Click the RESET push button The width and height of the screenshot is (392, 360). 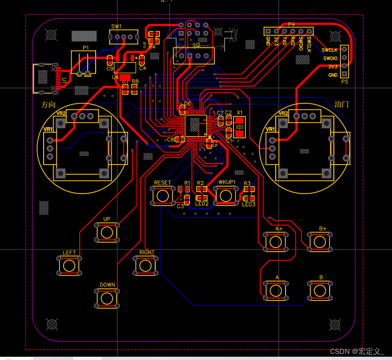[163, 195]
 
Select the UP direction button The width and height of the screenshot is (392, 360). [107, 232]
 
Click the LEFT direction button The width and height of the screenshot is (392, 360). [69, 266]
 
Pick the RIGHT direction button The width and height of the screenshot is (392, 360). [146, 265]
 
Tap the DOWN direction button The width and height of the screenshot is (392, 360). [107, 298]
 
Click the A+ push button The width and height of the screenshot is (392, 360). [275, 241]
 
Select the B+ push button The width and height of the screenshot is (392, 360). [320, 241]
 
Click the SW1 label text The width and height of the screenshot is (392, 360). [116, 27]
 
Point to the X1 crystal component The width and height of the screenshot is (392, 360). [239, 127]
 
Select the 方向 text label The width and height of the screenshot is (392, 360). [48, 105]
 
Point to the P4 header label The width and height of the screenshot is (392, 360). [291, 24]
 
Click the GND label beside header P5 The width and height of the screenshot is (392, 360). [332, 75]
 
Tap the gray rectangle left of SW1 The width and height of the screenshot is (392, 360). [84, 36]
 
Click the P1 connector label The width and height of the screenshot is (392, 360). [86, 48]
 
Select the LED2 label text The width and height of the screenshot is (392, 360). [202, 203]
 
